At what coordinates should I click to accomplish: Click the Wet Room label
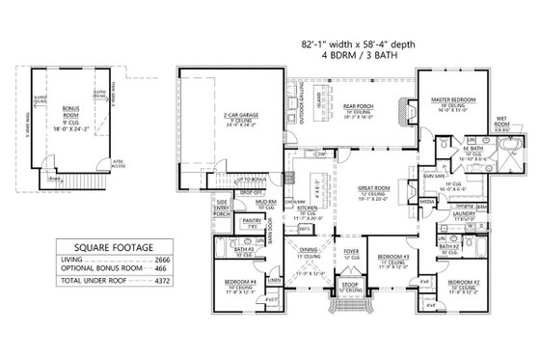click(501, 120)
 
